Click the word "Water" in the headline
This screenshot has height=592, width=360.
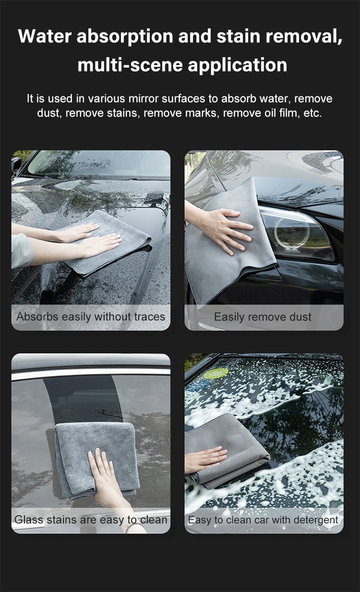[x=45, y=36]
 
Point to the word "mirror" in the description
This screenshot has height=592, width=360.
[x=144, y=99]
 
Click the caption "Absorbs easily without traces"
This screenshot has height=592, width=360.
[x=91, y=317]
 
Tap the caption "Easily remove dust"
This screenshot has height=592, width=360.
[x=263, y=317]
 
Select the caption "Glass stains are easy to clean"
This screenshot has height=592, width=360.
[x=91, y=520]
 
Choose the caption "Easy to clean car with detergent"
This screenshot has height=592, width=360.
[x=263, y=520]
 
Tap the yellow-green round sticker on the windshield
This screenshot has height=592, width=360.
[x=216, y=373]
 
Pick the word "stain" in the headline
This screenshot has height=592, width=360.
[x=239, y=36]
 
